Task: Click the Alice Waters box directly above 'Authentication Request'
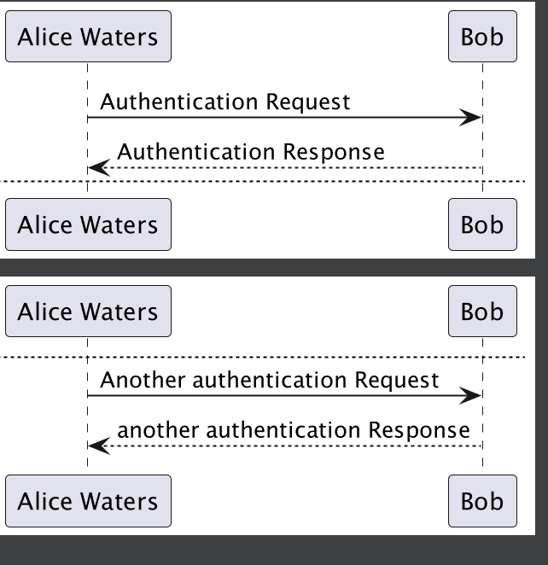click(x=88, y=37)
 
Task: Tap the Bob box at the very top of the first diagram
click(x=482, y=37)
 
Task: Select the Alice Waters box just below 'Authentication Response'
click(x=88, y=224)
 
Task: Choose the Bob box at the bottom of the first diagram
click(x=482, y=224)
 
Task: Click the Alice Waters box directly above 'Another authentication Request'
click(x=88, y=312)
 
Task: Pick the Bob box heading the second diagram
click(x=482, y=312)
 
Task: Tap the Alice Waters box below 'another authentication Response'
click(x=88, y=501)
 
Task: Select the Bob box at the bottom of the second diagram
click(x=482, y=501)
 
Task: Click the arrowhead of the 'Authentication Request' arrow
click(x=472, y=118)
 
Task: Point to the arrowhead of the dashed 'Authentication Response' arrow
click(x=98, y=168)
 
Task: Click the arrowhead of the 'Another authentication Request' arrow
click(x=472, y=395)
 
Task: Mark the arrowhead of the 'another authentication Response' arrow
click(x=98, y=446)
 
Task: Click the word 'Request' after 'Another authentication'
click(x=397, y=379)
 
